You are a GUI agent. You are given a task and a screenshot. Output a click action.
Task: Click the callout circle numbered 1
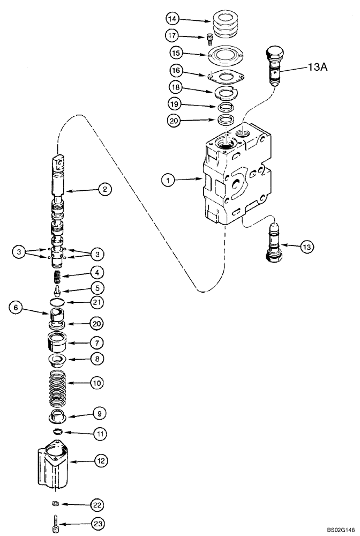[x=169, y=181]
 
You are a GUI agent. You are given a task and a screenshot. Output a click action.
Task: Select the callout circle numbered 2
[x=104, y=189]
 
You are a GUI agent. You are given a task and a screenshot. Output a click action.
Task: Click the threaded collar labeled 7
[x=56, y=340]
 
